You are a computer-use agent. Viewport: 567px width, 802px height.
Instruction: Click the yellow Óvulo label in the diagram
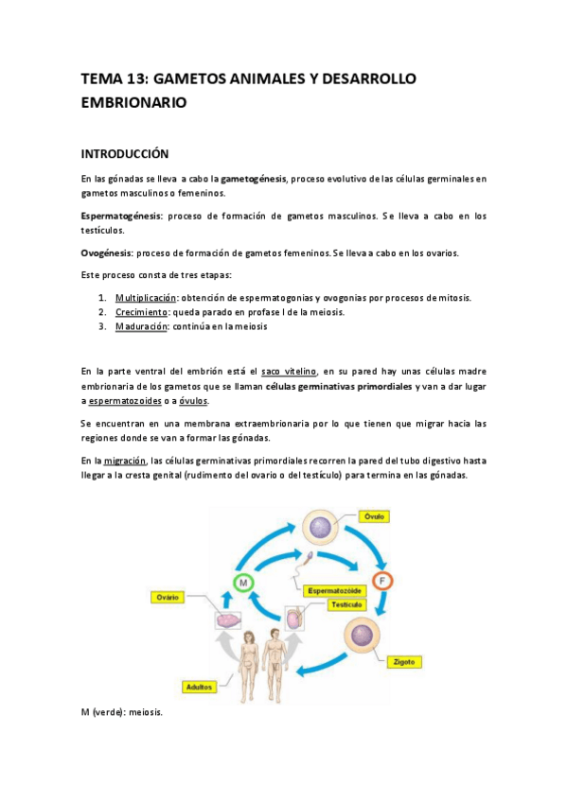[x=376, y=516]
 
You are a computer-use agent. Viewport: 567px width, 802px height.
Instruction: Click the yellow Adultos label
[x=199, y=686]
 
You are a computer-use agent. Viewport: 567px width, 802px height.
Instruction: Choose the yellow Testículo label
[x=347, y=603]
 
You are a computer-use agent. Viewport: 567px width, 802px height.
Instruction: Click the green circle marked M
[x=242, y=583]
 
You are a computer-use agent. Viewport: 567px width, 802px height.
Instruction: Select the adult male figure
[x=275, y=661]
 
